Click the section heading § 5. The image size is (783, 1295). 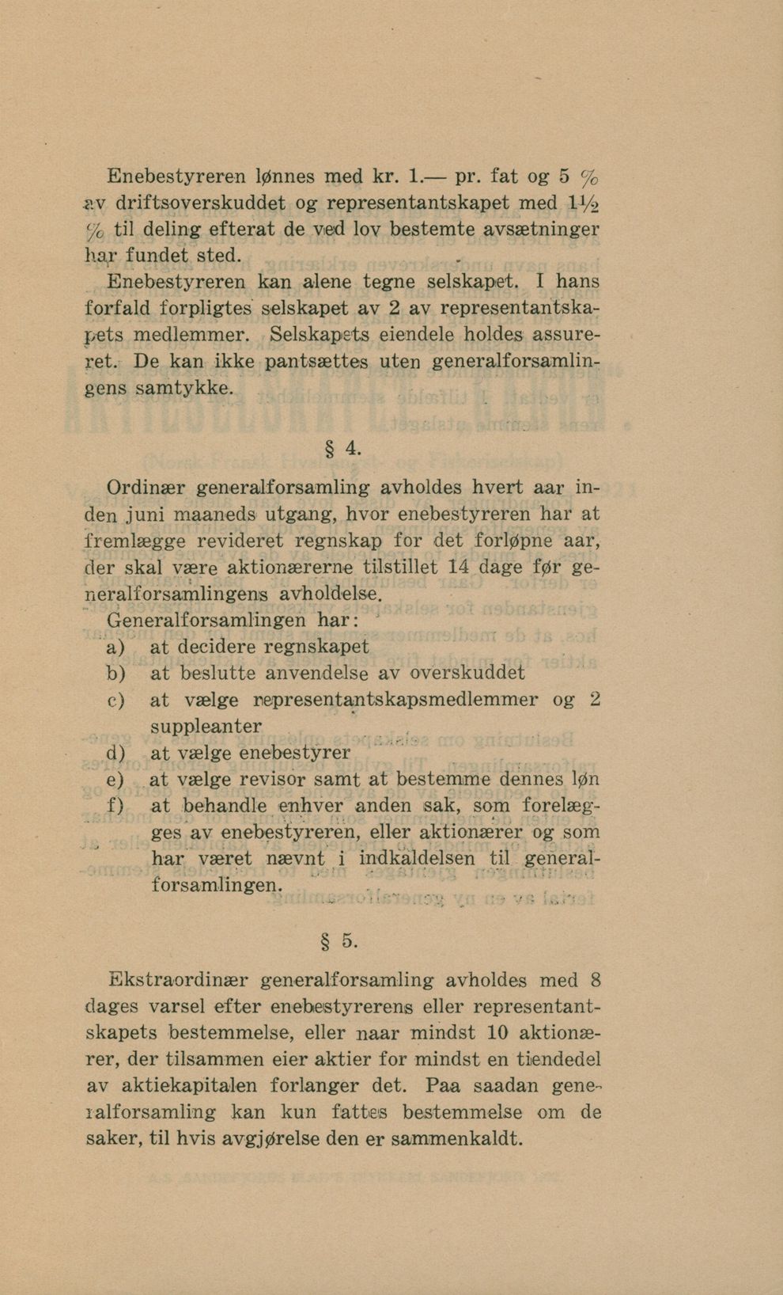tap(342, 941)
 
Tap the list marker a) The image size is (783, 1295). tap(115, 647)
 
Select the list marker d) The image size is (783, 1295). tap(115, 754)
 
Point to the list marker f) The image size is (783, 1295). tap(115, 807)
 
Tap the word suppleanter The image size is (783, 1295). tap(206, 726)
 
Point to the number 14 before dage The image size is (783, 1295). tap(459, 567)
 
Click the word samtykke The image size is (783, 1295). tap(185, 389)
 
